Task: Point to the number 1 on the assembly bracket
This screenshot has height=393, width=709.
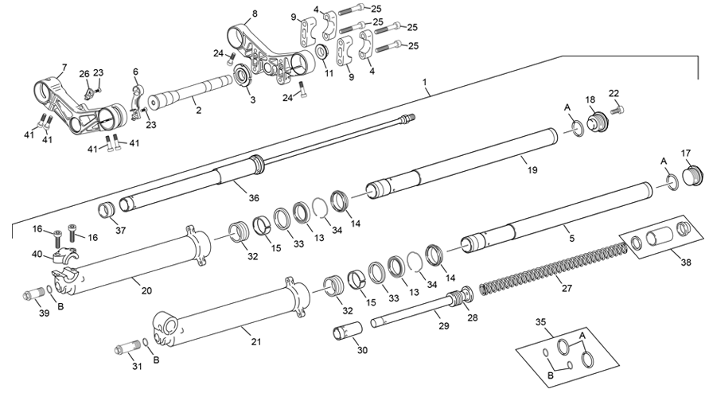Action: pyautogui.click(x=425, y=82)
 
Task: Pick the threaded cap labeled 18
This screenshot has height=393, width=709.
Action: pyautogui.click(x=598, y=124)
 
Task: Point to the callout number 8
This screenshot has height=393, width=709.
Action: pyautogui.click(x=255, y=14)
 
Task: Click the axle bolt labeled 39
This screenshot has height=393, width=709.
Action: pyautogui.click(x=33, y=297)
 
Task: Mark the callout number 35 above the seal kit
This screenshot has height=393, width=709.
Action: pyautogui.click(x=542, y=323)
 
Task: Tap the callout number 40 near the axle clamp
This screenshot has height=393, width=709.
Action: pyautogui.click(x=37, y=255)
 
